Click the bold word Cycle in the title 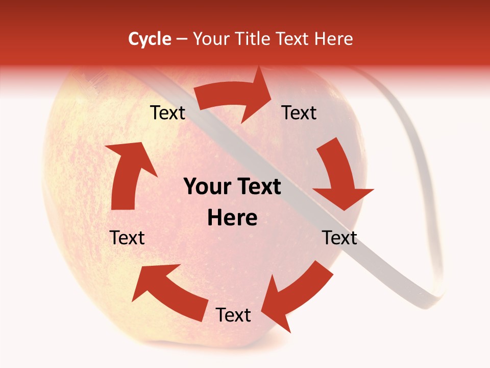pyautogui.click(x=150, y=39)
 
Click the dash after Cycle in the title pyautogui.click(x=182, y=39)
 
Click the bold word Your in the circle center pyautogui.click(x=207, y=187)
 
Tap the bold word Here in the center pyautogui.click(x=232, y=218)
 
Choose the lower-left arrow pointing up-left pyautogui.click(x=168, y=291)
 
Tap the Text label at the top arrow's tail pyautogui.click(x=167, y=113)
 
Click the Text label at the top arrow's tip pyautogui.click(x=299, y=113)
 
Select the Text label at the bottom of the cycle pyautogui.click(x=233, y=315)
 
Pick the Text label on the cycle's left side pyautogui.click(x=127, y=238)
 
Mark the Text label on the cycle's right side pyautogui.click(x=339, y=238)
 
